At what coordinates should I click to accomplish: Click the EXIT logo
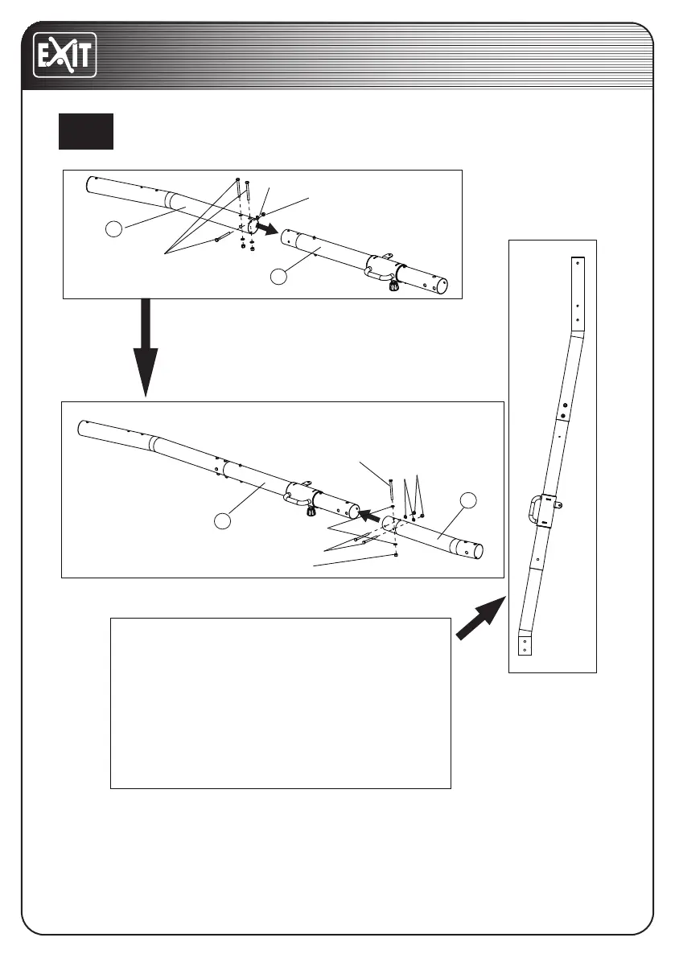[64, 56]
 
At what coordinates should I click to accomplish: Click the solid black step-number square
[85, 131]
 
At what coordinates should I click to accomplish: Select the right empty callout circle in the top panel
[278, 277]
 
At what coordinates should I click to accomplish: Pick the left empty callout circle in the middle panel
[224, 521]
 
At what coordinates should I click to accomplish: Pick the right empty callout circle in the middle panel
[469, 500]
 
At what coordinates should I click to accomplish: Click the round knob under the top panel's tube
[393, 286]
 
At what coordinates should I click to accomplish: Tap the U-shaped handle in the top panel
[377, 274]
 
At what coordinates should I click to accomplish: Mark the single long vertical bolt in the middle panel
[390, 489]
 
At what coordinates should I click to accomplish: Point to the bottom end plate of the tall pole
[524, 644]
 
